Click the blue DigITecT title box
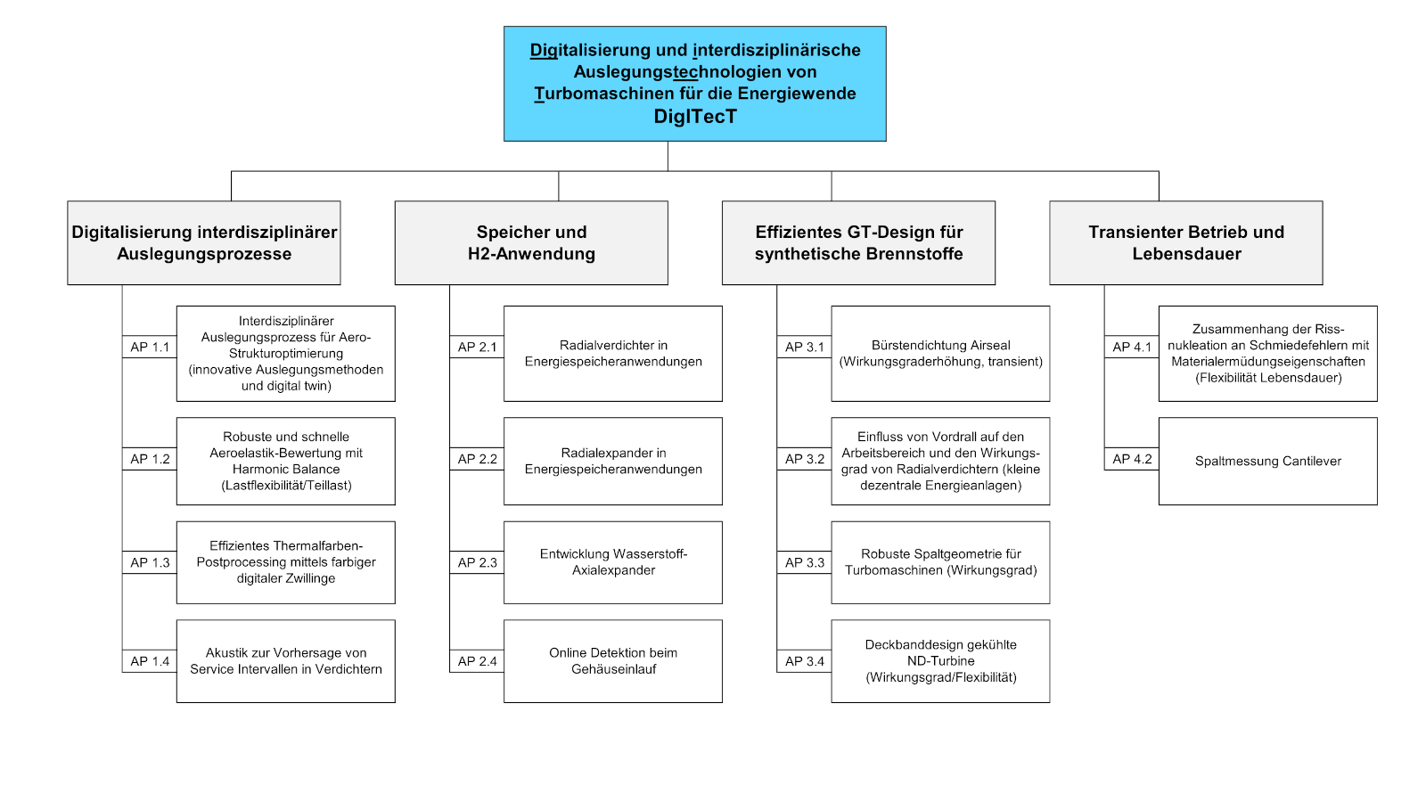click(694, 84)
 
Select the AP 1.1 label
click(150, 347)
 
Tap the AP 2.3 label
click(477, 562)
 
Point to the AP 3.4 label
click(804, 661)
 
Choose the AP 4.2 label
click(1131, 459)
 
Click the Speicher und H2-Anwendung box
click(531, 242)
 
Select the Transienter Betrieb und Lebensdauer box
click(1186, 242)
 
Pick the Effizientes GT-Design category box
click(858, 242)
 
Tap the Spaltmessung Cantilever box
click(1267, 461)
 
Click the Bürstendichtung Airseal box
click(940, 353)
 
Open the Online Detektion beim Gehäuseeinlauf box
click(613, 660)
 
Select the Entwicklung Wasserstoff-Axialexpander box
click(613, 562)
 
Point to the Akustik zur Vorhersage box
click(286, 660)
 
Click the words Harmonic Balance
click(286, 469)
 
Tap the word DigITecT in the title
click(695, 117)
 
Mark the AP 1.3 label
click(150, 562)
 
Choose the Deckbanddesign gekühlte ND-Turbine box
click(940, 660)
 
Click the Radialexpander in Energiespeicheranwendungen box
click(613, 461)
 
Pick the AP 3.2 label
click(804, 459)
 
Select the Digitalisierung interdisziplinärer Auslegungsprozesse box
click(204, 242)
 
